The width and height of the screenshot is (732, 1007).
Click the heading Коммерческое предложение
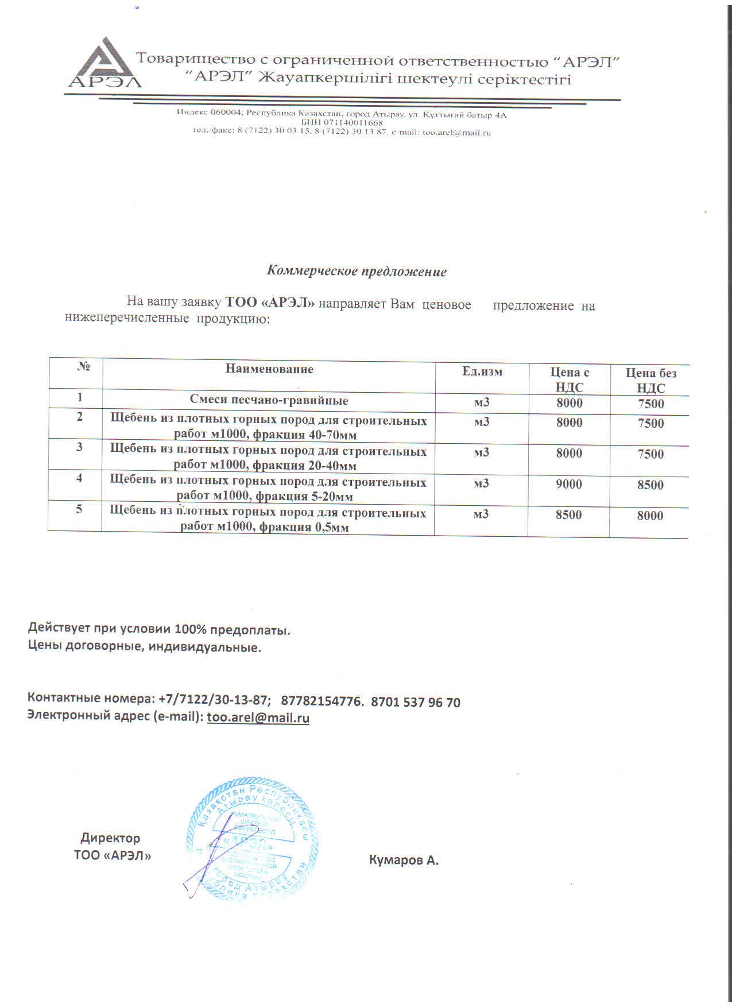357,271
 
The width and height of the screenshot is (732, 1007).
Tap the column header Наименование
269,369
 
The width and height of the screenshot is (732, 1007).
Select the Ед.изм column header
482,371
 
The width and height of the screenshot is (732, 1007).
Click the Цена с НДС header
570,379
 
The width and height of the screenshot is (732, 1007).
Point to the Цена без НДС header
651,380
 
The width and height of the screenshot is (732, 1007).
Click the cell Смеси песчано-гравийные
269,400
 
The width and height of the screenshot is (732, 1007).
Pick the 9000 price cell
569,484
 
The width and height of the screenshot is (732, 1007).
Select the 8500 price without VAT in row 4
650,485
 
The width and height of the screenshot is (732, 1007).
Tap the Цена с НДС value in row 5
568,515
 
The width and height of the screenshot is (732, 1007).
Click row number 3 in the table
80,447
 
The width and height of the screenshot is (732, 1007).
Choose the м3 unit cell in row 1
482,402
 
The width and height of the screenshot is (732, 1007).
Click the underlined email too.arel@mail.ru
258,718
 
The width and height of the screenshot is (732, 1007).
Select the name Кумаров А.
404,860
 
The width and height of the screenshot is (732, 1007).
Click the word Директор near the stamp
110,838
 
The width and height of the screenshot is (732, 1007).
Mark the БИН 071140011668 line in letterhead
342,123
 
